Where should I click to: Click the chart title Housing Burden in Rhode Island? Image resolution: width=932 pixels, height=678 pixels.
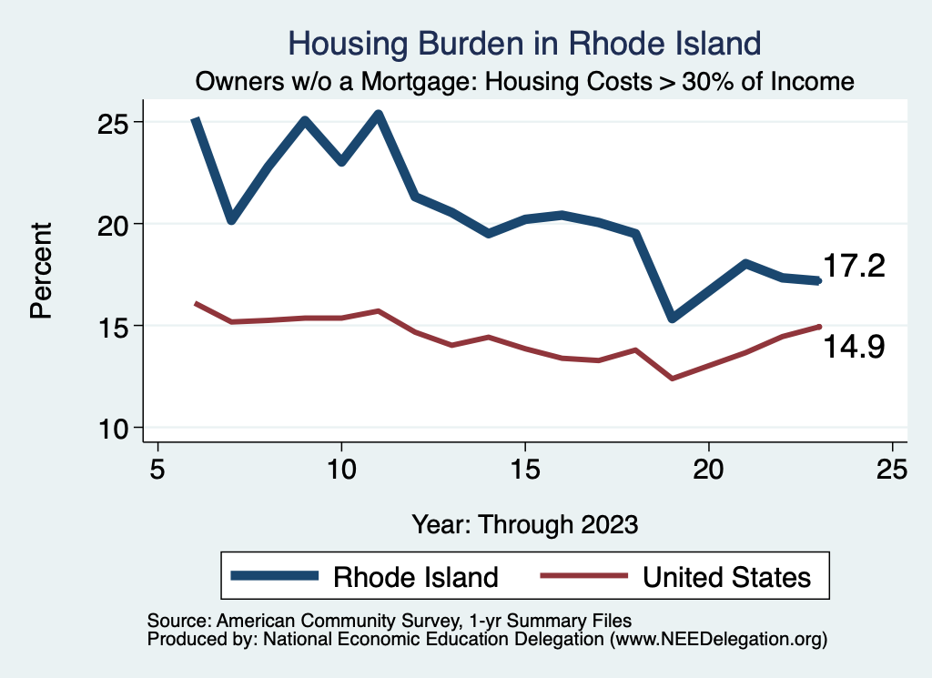(x=523, y=42)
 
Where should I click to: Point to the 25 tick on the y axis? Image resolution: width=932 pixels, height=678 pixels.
(x=114, y=122)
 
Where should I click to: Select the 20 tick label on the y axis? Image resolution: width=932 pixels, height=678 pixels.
(x=114, y=224)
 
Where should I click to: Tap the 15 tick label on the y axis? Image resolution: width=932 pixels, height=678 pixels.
(x=114, y=326)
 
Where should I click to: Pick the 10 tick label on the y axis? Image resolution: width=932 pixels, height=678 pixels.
(x=114, y=428)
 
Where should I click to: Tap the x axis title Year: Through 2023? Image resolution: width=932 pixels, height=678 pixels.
(x=525, y=524)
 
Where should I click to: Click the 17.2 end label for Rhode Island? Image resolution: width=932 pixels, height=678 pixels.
(x=854, y=266)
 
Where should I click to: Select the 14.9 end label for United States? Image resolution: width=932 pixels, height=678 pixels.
(x=854, y=346)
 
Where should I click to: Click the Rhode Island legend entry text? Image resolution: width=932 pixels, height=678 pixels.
(x=415, y=577)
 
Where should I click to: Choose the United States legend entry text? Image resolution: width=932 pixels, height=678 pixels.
(x=725, y=577)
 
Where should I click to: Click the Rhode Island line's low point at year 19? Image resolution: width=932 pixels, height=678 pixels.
(x=672, y=318)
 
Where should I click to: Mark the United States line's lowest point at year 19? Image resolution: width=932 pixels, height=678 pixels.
(x=672, y=378)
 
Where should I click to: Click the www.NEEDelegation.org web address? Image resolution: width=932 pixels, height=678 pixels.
(x=719, y=640)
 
